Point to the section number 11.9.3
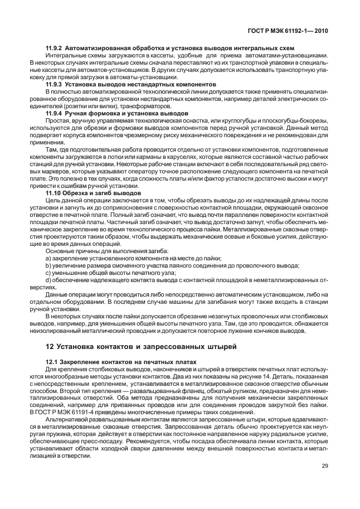click(x=53, y=83)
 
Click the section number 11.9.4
click(x=53, y=113)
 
